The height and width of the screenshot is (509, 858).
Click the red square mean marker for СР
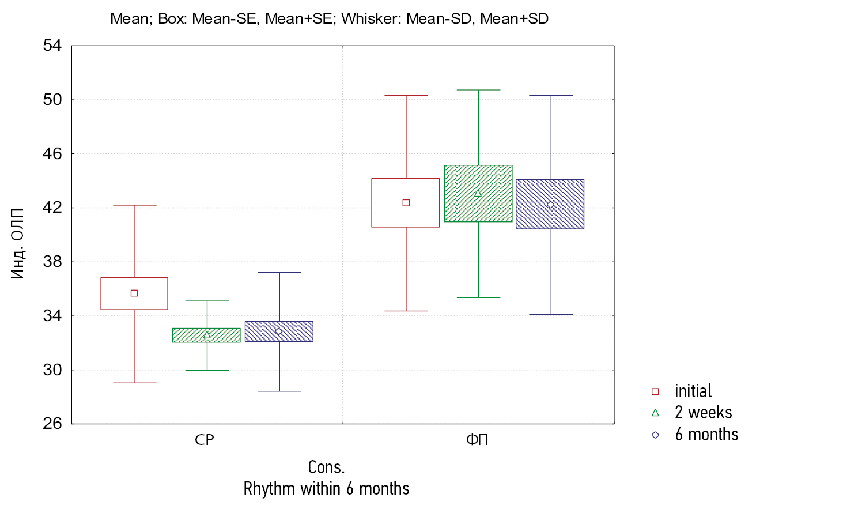134,293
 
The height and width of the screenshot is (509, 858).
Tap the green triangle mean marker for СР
207,335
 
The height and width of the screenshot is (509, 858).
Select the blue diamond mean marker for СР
279,331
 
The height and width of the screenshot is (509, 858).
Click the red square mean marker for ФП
406,203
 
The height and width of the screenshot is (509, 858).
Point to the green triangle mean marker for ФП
478,193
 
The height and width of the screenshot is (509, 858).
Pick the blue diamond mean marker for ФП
550,205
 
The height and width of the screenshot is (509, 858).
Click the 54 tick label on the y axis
52,46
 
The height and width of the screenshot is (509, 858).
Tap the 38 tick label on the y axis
52,262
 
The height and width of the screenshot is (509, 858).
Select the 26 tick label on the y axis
52,424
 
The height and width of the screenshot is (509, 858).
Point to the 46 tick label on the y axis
52,154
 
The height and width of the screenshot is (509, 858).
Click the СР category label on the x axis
205,440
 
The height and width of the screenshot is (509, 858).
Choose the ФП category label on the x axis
477,440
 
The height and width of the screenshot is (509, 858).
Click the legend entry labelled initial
693,391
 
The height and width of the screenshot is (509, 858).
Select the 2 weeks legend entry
703,413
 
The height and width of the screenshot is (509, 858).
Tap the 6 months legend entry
706,435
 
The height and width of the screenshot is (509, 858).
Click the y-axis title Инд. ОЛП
18,244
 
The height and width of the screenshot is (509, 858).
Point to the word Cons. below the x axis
326,467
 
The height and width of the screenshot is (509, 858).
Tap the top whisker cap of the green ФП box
478,90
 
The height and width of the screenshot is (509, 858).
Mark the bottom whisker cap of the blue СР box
279,391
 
